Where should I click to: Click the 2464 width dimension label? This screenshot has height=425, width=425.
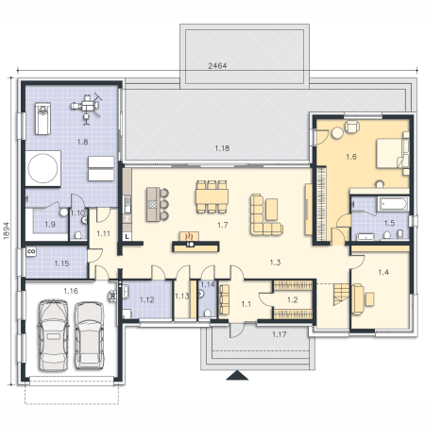217,66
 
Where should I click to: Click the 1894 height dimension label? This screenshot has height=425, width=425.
7,230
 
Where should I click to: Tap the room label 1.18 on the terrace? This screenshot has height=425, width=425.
222,148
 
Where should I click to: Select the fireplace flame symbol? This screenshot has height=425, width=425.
189,236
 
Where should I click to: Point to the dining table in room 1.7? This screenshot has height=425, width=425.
212,196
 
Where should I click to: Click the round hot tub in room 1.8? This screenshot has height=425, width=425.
42,168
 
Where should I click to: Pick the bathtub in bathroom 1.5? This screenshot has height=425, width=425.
394,204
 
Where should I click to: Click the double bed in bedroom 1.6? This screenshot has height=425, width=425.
393,153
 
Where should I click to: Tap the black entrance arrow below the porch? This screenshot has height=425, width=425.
237,375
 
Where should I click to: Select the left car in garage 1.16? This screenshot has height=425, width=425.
53,335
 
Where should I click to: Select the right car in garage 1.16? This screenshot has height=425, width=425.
90,335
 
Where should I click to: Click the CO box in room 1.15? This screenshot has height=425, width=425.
31,251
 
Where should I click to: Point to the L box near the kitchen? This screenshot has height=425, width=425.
127,236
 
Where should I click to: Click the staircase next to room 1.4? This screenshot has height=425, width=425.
342,294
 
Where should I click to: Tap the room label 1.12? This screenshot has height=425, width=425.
147,299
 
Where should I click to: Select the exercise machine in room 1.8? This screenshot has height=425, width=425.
86,109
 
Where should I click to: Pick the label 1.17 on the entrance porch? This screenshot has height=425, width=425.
280,334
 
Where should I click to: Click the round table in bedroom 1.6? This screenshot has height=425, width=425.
337,132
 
